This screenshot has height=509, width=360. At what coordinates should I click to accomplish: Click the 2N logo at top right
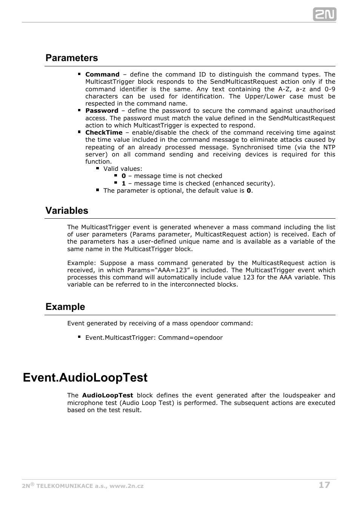pyautogui.click(x=324, y=14)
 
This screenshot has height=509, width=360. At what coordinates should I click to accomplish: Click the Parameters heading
pyautogui.click(x=72, y=58)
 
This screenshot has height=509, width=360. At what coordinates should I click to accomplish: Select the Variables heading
pyautogui.click(x=67, y=211)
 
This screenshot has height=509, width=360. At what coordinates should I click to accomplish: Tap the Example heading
pyautogui.click(x=65, y=307)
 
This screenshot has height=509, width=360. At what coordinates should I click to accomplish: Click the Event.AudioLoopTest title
pyautogui.click(x=85, y=378)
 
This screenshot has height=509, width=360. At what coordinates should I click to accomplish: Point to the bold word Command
pyautogui.click(x=102, y=75)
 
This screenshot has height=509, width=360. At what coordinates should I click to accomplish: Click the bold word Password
pyautogui.click(x=102, y=111)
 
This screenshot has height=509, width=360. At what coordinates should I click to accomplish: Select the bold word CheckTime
pyautogui.click(x=104, y=133)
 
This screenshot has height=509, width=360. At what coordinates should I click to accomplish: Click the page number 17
pyautogui.click(x=324, y=485)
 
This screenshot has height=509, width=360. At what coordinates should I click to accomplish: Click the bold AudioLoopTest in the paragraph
pyautogui.click(x=108, y=396)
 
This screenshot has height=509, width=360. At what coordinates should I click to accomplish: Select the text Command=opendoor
pyautogui.click(x=190, y=338)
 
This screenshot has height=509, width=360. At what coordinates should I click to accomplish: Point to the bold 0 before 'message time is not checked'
pyautogui.click(x=123, y=176)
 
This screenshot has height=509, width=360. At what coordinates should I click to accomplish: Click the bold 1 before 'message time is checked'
pyautogui.click(x=123, y=184)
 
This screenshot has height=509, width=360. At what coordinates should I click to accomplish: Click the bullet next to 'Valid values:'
pyautogui.click(x=97, y=169)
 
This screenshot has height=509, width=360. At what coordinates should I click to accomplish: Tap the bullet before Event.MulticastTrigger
pyautogui.click(x=80, y=337)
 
